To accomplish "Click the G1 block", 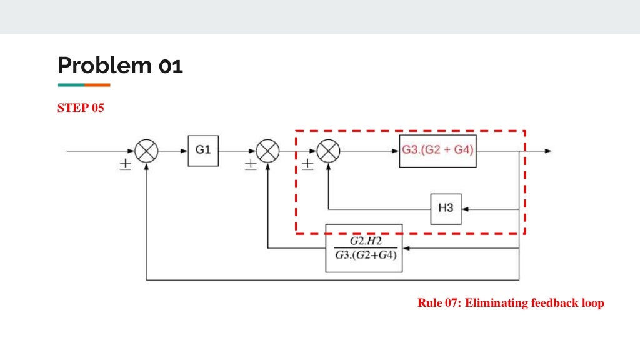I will point(203,151).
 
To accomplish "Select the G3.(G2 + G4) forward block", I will point(438,151).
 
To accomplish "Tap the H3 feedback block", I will point(446,209).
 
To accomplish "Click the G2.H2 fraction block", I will point(364,248).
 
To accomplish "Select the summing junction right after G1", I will point(267,151).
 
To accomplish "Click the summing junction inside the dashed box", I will point(327,151).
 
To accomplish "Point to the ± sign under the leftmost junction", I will point(125,164).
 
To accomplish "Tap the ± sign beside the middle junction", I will point(250,164).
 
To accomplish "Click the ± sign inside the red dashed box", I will point(307,164).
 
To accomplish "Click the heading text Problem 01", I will point(120,65).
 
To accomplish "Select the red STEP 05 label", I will point(81,108).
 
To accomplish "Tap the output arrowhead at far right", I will point(547,151).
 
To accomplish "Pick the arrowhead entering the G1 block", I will point(184,151).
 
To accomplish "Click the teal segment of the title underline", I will point(71,84).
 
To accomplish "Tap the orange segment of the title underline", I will point(97,84).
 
